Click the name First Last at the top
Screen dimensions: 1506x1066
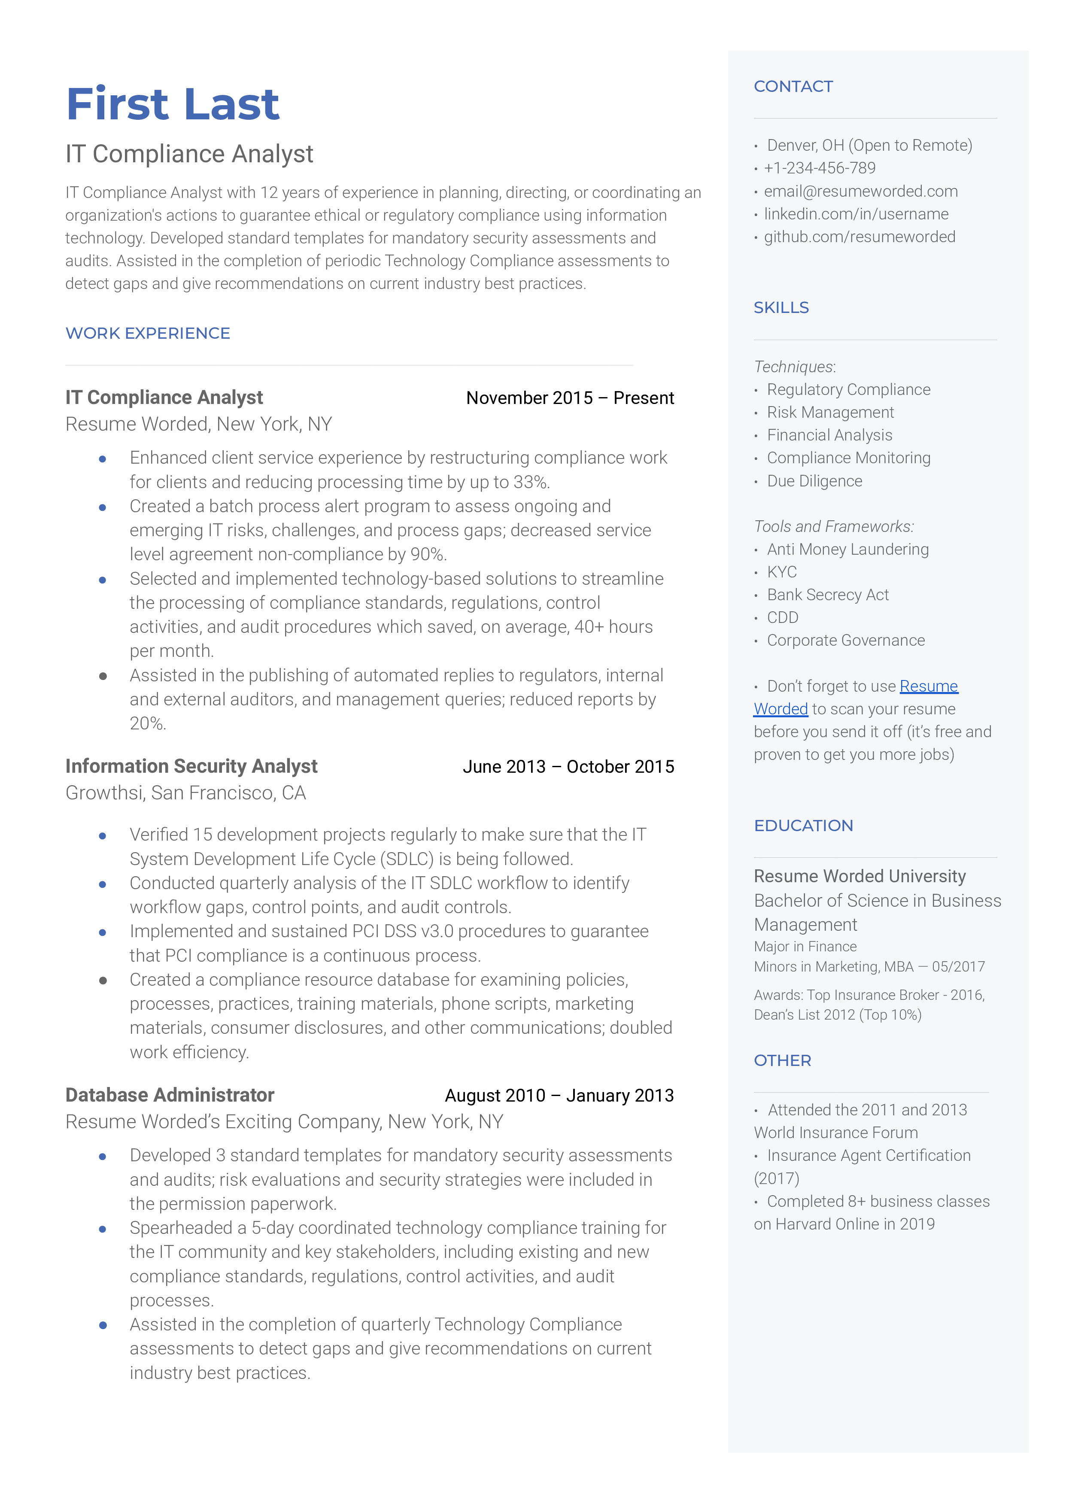pos(173,104)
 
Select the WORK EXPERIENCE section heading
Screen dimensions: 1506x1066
pos(148,333)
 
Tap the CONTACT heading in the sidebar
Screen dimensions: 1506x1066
pos(793,87)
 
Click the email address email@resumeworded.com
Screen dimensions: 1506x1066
pos(860,191)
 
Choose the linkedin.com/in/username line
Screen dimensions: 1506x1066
pos(856,214)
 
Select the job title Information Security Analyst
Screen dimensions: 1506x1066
pos(191,766)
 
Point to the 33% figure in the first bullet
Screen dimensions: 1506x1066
pos(530,482)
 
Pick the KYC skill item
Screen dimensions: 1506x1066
pos(782,572)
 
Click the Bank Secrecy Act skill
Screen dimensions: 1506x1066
pos(828,595)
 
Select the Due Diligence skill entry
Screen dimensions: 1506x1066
pos(814,481)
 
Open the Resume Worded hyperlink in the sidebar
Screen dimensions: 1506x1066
pos(928,686)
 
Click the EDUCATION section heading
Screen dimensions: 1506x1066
pos(803,826)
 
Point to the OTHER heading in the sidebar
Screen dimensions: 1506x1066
pos(782,1060)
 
